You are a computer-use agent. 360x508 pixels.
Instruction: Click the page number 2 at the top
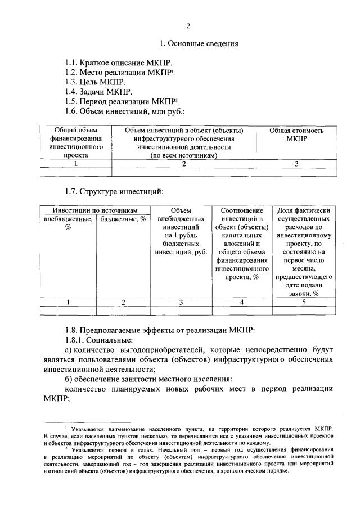[x=188, y=26]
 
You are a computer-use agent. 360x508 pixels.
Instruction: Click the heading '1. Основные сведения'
[x=199, y=43]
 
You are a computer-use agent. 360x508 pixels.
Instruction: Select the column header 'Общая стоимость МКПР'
[x=296, y=134]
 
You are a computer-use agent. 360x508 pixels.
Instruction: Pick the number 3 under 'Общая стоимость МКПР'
[x=296, y=164]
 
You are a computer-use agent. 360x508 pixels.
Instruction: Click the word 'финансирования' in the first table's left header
[x=75, y=138]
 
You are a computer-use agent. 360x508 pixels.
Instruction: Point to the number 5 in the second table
[x=303, y=302]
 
